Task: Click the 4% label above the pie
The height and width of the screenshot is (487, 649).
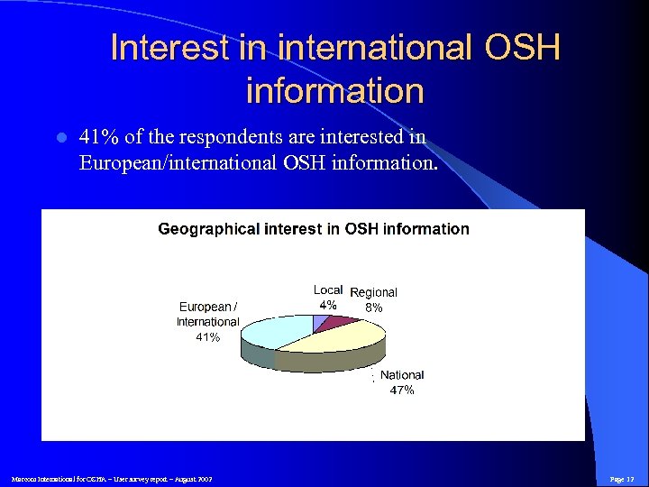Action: (328, 305)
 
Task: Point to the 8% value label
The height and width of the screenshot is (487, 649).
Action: (374, 308)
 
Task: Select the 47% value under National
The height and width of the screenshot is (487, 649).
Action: (402, 391)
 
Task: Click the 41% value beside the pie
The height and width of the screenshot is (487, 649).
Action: (208, 337)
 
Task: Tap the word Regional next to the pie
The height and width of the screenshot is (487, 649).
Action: (373, 292)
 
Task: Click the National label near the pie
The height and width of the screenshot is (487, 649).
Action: (402, 375)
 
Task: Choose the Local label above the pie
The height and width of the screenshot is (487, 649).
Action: (328, 290)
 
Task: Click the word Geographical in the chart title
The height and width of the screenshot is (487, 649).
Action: (208, 229)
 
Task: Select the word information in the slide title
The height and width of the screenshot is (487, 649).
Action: (334, 91)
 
